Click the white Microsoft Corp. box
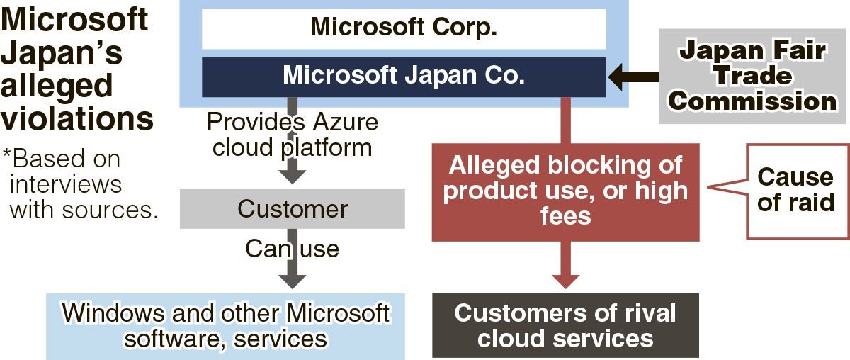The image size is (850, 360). click(404, 28)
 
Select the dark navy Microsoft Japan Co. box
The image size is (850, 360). click(404, 76)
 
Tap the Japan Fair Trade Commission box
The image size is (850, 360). click(752, 77)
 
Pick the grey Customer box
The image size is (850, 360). click(292, 208)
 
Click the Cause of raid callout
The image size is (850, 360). click(796, 190)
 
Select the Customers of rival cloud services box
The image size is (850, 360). click(565, 325)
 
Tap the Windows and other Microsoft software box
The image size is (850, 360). click(225, 325)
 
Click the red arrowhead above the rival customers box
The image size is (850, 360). click(565, 279)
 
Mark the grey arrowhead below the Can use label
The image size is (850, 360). click(292, 279)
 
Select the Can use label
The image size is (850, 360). click(292, 249)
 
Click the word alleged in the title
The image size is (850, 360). click(57, 85)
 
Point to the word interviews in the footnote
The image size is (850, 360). click(65, 184)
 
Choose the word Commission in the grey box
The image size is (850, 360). click(752, 101)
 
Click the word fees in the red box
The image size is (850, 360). click(565, 215)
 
